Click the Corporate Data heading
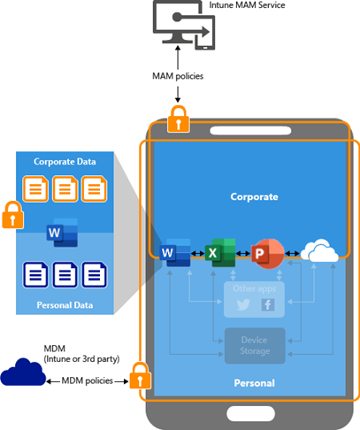click(65, 163)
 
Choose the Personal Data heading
click(65, 305)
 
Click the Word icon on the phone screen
click(177, 254)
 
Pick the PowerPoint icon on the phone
click(265, 254)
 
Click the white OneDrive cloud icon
click(318, 254)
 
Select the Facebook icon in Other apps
click(267, 303)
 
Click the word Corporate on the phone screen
click(254, 196)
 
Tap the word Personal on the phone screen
click(254, 383)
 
